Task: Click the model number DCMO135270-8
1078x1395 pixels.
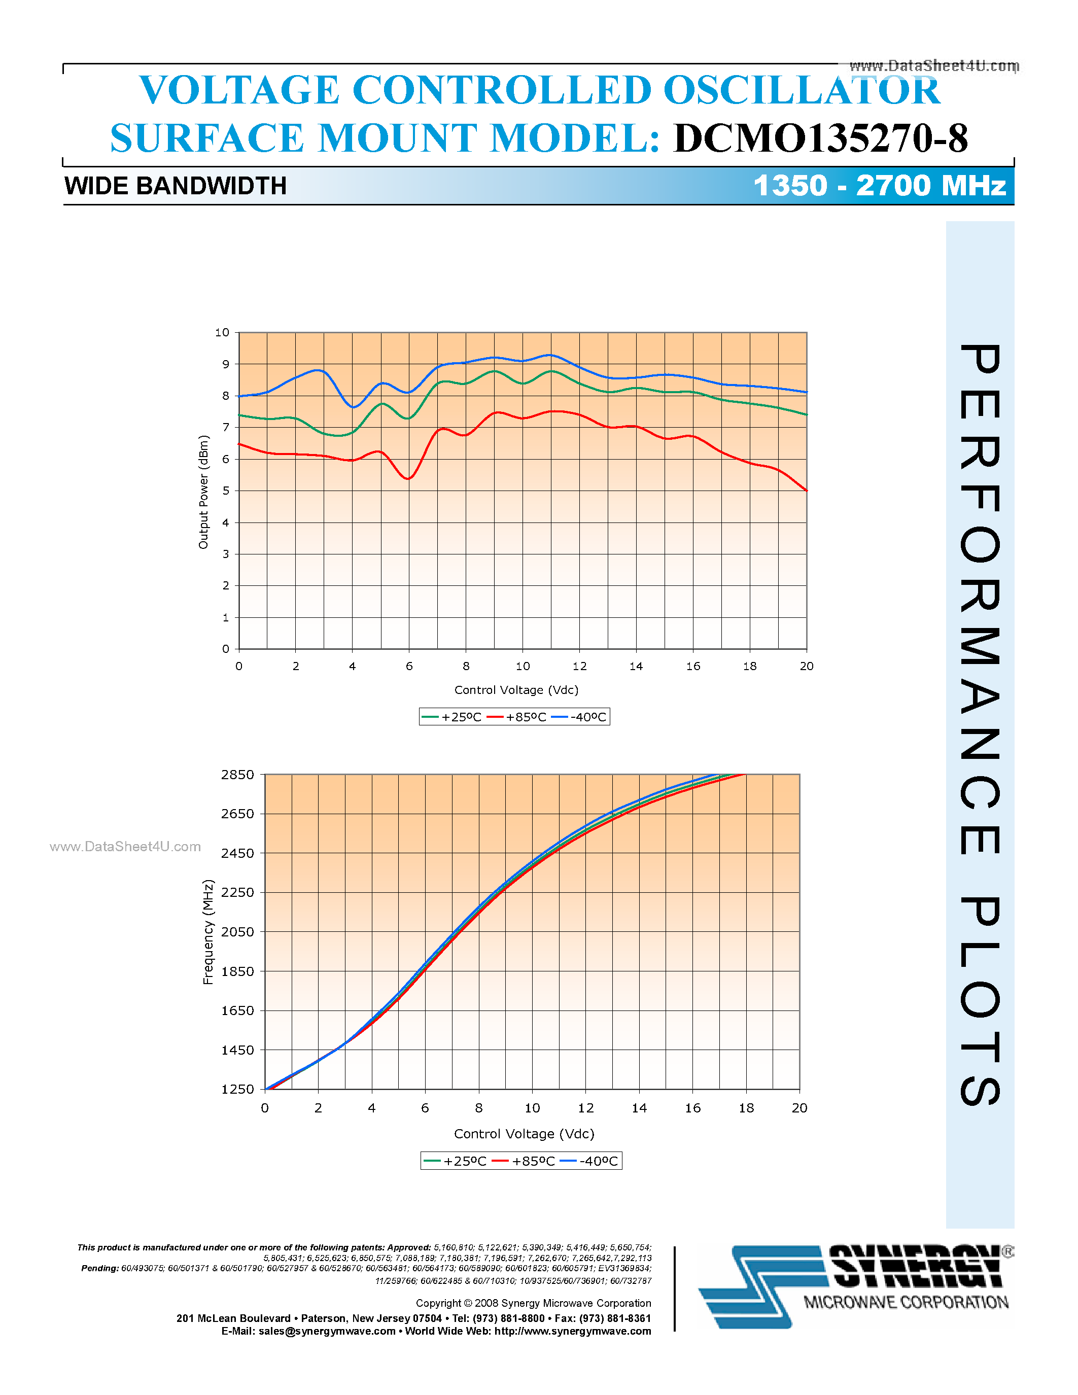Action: [821, 138]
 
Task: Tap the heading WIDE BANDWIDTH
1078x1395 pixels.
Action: [176, 186]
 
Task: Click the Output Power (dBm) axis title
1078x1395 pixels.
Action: [203, 492]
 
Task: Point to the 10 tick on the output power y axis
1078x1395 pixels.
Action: [222, 333]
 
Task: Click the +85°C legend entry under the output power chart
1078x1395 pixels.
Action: [517, 717]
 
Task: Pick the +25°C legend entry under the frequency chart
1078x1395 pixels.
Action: [456, 1161]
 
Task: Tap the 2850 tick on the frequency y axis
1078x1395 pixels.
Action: [237, 775]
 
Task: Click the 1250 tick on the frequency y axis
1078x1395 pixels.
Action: [237, 1089]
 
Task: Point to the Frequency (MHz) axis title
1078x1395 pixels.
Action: [208, 932]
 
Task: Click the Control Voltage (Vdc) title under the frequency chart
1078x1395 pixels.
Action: [524, 1134]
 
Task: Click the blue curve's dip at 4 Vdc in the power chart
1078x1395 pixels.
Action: [353, 407]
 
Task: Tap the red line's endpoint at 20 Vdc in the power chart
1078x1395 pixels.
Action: [806, 491]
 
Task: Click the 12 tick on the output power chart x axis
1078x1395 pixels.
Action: [579, 666]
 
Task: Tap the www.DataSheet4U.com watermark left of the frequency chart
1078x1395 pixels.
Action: [125, 847]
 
